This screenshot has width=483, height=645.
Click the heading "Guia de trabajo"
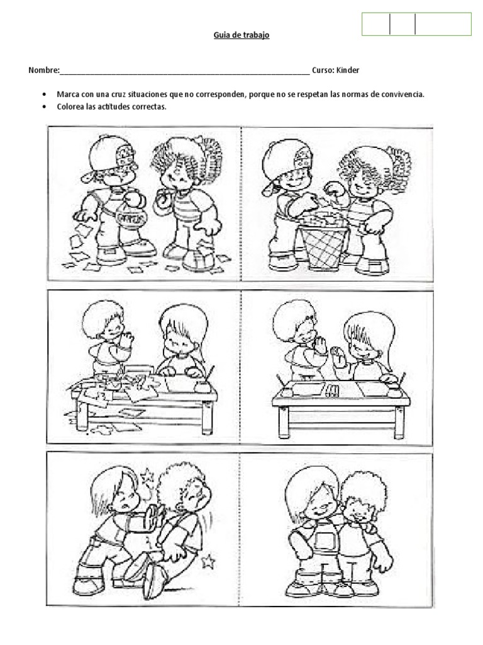tap(241, 35)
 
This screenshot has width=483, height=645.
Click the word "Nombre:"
tap(44, 71)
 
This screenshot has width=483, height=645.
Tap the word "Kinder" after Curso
tap(348, 71)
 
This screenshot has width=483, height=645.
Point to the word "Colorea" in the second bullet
tap(70, 106)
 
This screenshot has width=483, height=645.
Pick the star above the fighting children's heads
tap(147, 477)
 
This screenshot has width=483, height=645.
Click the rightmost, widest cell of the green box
tap(443, 25)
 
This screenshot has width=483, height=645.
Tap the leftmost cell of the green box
tap(376, 25)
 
